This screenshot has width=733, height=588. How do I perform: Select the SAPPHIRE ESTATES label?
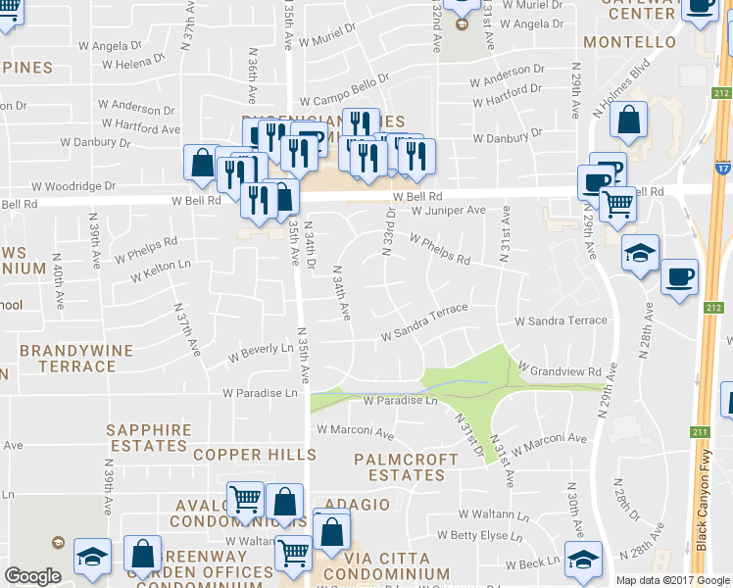pyautogui.click(x=146, y=437)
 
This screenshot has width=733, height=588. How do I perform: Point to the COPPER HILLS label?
pyautogui.click(x=255, y=455)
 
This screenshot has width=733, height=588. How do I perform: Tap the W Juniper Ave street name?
pyautogui.click(x=449, y=211)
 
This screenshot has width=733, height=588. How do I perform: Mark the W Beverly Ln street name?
pyautogui.click(x=261, y=349)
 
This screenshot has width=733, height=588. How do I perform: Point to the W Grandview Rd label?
pyautogui.click(x=559, y=372)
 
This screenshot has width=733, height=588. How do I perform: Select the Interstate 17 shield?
pyautogui.click(x=722, y=169)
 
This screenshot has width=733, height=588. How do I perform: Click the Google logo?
pyautogui.click(x=32, y=576)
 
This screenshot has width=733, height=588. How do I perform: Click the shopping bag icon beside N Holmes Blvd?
pyautogui.click(x=628, y=122)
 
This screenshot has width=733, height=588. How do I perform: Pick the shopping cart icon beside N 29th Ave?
pyautogui.click(x=616, y=205)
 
